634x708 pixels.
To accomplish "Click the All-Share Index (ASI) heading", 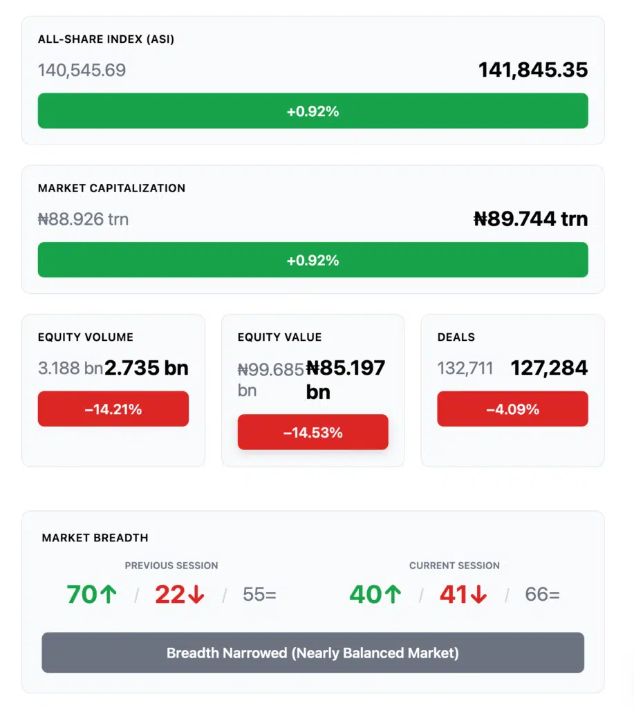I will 106,39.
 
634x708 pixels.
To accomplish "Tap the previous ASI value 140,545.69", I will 82,70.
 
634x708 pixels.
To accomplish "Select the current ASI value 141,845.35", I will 533,70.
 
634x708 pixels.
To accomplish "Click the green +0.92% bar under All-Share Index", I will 313,111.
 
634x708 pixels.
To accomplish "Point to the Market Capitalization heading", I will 111,188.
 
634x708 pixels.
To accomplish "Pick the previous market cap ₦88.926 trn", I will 83,219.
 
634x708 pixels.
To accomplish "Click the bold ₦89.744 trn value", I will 530,219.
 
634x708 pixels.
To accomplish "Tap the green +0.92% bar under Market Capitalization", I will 313,260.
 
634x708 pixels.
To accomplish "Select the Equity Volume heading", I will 86,337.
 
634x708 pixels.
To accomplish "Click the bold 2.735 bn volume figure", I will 147,368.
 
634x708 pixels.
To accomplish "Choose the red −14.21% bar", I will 113,409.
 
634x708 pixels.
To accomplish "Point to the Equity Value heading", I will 279,337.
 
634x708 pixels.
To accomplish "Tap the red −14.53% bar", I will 313,433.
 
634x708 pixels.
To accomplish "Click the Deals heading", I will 456,337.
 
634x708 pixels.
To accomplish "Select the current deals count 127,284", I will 549,368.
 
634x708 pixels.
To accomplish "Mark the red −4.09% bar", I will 512,409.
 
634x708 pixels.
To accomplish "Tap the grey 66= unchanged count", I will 542,595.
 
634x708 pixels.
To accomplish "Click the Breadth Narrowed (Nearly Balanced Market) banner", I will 313,653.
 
